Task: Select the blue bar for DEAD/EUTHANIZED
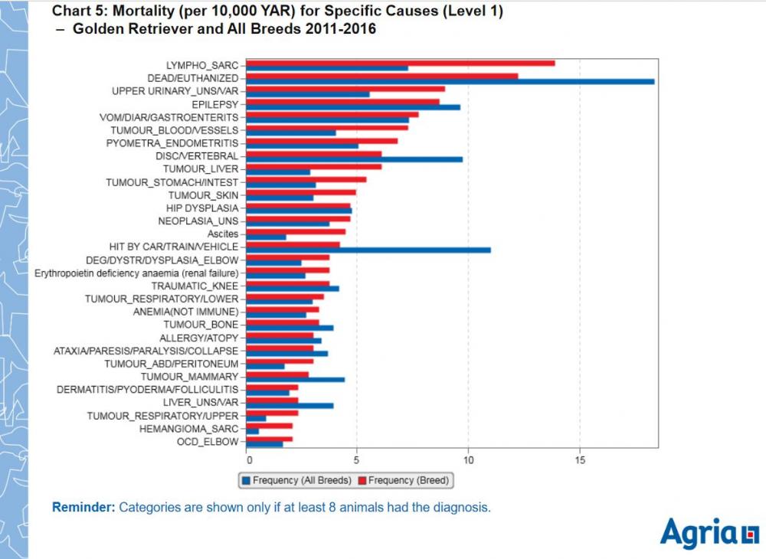coord(450,81)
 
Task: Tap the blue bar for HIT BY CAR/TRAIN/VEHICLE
coord(368,250)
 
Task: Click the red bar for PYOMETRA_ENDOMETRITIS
coord(322,141)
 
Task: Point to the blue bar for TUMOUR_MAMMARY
coord(296,380)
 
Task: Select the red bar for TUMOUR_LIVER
coord(314,166)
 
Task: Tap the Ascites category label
coord(223,234)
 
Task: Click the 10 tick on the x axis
coord(468,461)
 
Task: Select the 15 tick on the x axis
coord(579,461)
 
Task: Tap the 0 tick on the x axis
coord(248,461)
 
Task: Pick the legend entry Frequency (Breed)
coord(409,480)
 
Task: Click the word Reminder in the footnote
coord(83,507)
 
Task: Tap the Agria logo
coord(709,533)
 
